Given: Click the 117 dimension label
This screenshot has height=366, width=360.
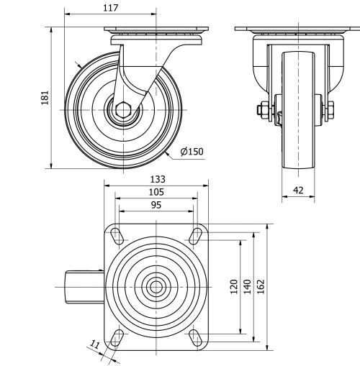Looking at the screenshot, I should pos(110,8).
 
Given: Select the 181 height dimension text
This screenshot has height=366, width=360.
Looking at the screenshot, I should pos(45,98).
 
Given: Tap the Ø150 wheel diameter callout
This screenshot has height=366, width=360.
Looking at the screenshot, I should pos(192,152).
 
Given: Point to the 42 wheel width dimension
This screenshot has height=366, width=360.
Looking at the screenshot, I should pos(298,190).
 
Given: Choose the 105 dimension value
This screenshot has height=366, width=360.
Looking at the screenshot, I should pos(156,192).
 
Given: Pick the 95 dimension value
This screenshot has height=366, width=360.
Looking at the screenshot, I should pos(156,205).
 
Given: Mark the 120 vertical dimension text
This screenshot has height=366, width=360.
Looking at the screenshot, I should pos(234,287).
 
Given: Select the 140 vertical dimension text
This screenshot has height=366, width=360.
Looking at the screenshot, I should pos(247,287).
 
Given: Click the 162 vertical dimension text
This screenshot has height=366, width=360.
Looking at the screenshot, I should pos(261,287).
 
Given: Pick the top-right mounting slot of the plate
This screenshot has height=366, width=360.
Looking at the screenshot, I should pos(194,235).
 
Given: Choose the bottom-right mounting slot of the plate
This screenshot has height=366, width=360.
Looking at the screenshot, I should pos(194,337).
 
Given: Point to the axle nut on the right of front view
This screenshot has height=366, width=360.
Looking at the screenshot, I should pos(330,111).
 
